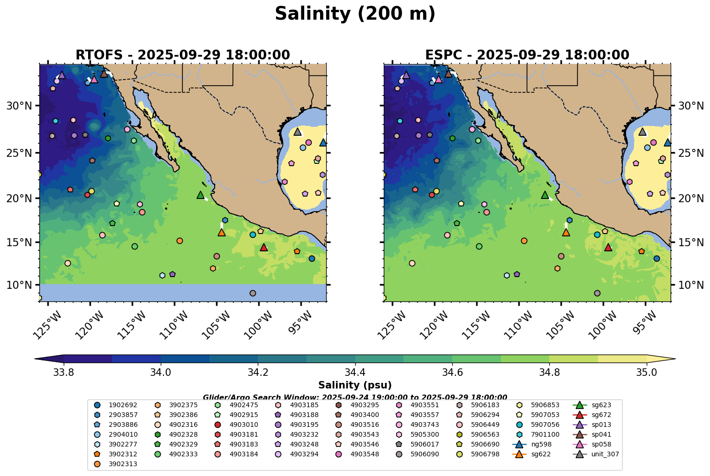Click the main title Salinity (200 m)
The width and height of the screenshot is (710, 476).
[355, 14]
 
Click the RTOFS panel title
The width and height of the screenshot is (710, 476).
[183, 55]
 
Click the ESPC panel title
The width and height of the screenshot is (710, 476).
[527, 55]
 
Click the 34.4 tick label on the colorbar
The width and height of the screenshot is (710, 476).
[355, 373]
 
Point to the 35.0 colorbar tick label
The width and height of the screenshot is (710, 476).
[646, 373]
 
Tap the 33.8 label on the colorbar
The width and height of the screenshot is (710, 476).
[64, 373]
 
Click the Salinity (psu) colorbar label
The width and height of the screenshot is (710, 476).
[355, 385]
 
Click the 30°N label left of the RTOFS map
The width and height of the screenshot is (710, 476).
[19, 106]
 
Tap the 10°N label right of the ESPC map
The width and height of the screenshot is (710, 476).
[691, 285]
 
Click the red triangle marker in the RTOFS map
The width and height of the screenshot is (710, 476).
[263, 247]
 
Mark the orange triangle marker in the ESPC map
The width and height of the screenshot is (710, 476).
[566, 232]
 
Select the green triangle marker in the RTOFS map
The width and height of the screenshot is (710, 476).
[201, 195]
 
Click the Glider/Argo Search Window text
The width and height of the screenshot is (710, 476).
[355, 397]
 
